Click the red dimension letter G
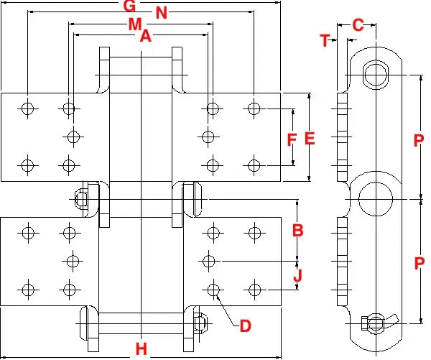pos(129,6)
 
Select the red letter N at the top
pos(162,13)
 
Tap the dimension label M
pos(135,24)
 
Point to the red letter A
pos(145,35)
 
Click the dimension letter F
pos(292,139)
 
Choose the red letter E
pos(310,139)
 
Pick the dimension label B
pos(297,231)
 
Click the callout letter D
pos(245,326)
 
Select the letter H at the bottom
pos(142,349)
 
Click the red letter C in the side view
pos(358,25)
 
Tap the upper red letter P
pos(419,142)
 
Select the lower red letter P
pos(419,264)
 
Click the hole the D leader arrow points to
pos(212,289)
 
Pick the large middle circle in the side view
pos(374,197)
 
